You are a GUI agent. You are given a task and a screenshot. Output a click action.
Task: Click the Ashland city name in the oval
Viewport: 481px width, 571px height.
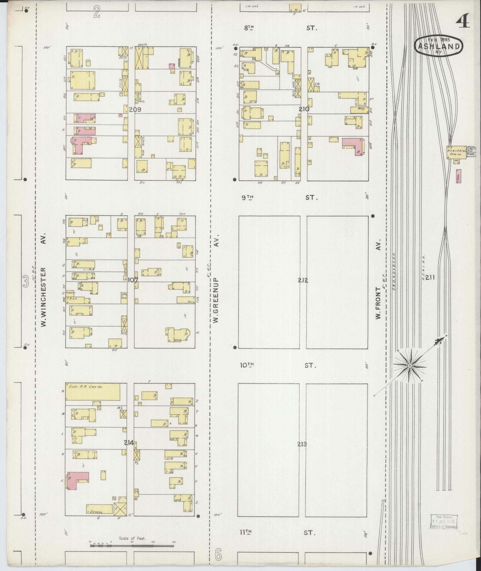[438, 46]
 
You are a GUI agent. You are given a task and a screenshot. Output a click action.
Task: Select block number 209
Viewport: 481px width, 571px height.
[135, 110]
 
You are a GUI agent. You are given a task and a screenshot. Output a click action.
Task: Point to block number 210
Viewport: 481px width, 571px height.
[304, 109]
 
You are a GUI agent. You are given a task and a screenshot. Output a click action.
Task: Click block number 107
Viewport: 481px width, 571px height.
[132, 280]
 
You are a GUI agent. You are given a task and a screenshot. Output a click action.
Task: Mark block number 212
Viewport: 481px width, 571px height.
[303, 280]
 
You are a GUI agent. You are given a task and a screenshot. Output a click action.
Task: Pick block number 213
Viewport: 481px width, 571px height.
[302, 444]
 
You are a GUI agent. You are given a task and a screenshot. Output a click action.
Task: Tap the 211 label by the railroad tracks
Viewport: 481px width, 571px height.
[430, 277]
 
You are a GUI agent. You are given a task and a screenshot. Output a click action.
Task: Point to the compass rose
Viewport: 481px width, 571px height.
[409, 365]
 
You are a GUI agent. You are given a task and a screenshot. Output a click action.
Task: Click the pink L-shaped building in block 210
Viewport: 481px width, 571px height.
[353, 146]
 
